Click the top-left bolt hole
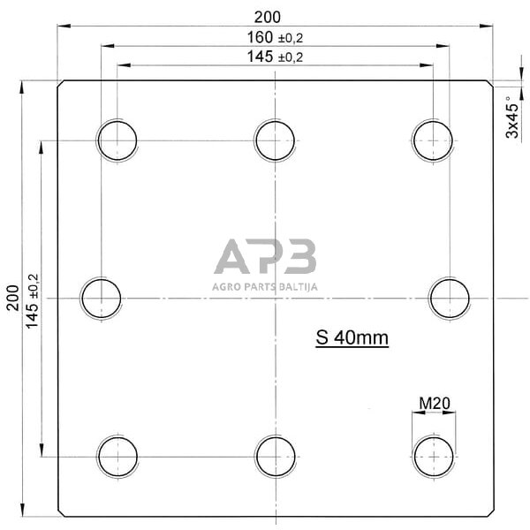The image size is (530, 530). click(117, 140)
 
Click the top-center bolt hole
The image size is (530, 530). click(276, 140)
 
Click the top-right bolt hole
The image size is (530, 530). click(434, 140)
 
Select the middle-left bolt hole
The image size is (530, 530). click(102, 298)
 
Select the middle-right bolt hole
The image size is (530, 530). click(450, 298)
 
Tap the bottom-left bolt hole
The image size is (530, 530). click(117, 456)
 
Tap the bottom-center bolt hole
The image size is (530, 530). click(276, 456)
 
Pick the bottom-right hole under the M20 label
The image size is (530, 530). click(434, 456)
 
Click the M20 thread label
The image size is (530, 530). click(435, 404)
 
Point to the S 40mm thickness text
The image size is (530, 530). click(352, 337)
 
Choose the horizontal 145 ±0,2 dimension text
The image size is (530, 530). click(279, 56)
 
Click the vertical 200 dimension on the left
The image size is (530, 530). click(12, 298)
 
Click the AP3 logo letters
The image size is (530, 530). click(265, 257)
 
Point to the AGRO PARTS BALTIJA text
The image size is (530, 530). click(265, 286)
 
